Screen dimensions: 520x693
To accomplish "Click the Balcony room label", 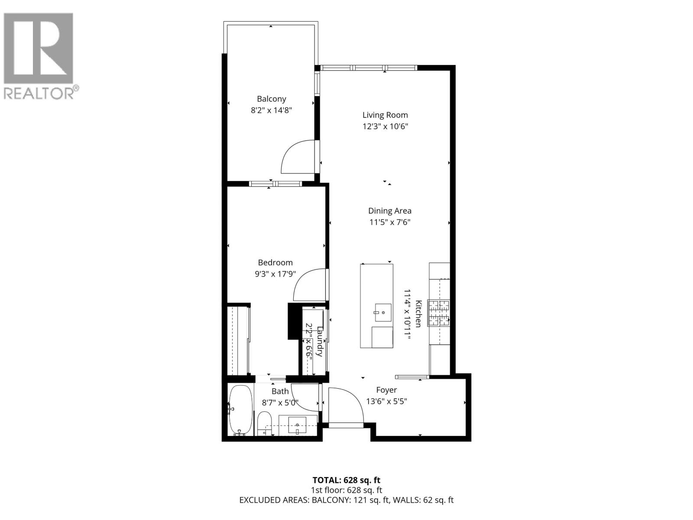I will [271, 99].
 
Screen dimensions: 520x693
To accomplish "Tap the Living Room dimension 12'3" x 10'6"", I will [385, 127].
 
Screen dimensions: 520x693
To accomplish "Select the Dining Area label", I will [389, 211].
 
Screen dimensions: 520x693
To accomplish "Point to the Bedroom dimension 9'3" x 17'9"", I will [275, 274].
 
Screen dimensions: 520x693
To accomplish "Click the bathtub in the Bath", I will [240, 409].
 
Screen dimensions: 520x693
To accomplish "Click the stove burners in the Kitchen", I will [439, 313].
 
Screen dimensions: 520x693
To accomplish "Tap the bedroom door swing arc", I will [308, 286].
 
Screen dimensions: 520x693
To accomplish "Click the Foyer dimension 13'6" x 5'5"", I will [386, 401].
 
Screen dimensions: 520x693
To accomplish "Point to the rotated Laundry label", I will [320, 341].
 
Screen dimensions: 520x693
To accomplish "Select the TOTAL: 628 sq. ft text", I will [346, 480].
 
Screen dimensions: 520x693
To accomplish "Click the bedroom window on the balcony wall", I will [275, 184].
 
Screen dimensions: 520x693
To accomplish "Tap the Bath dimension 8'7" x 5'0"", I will [280, 402].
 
